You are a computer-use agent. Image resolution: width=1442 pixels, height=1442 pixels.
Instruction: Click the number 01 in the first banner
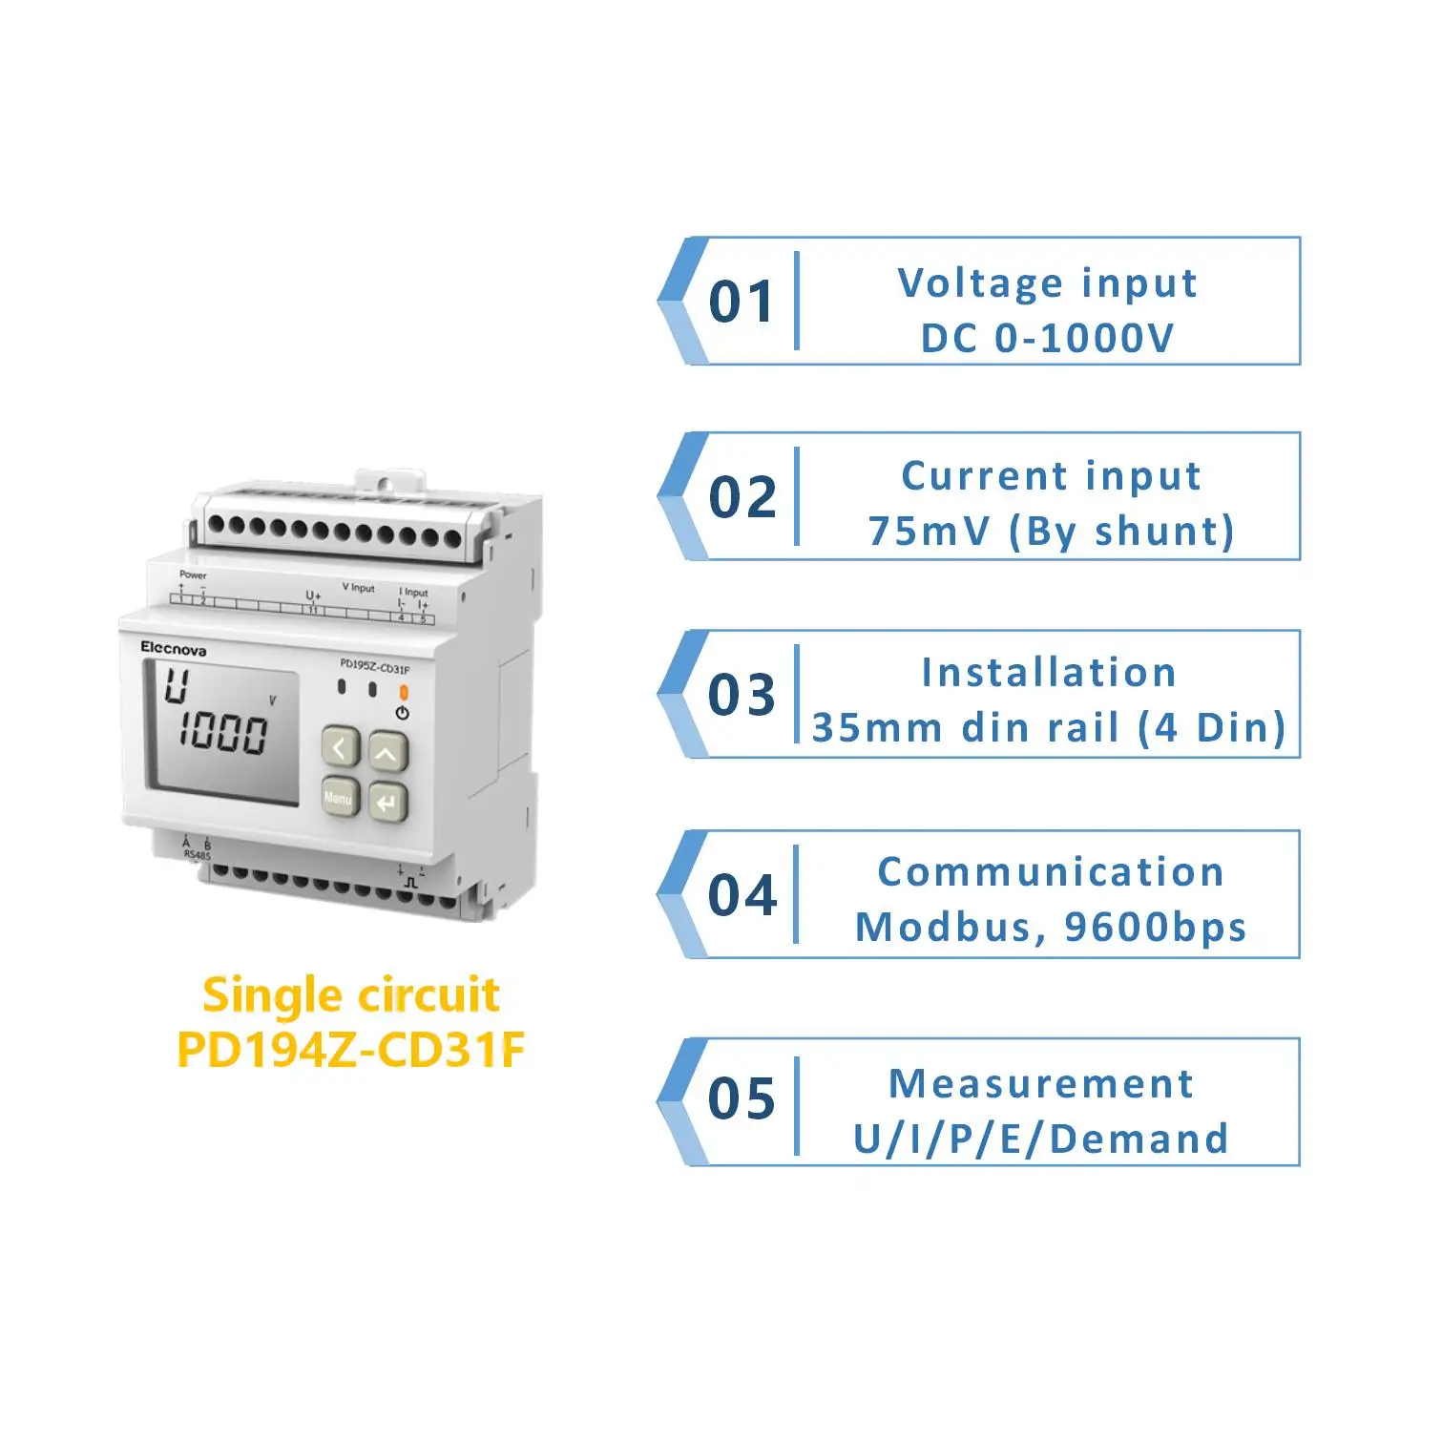[742, 302]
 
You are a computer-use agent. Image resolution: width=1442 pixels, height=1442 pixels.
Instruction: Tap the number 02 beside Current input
[742, 497]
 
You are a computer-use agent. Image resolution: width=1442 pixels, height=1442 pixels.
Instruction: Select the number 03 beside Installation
[742, 694]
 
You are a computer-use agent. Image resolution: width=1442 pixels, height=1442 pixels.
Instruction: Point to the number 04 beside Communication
[742, 895]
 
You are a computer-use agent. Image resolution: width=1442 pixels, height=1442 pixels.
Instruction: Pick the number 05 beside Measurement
[742, 1098]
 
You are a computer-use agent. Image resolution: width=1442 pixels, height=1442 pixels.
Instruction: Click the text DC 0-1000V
[1047, 338]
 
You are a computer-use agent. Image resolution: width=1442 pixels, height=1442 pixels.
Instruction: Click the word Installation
[1049, 673]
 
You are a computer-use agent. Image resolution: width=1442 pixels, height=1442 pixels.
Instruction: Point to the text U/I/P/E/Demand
[1040, 1139]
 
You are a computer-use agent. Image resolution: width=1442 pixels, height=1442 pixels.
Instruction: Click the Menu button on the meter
[339, 798]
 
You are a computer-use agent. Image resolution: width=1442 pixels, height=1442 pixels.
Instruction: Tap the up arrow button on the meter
[387, 753]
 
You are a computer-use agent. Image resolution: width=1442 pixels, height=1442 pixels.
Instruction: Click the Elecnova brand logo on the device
[173, 649]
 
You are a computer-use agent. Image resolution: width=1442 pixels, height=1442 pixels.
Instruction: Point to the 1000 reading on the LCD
[223, 733]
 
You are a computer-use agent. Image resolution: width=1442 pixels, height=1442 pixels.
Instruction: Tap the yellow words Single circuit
[350, 995]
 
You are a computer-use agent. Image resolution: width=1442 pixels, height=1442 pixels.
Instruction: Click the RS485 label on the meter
[197, 855]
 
